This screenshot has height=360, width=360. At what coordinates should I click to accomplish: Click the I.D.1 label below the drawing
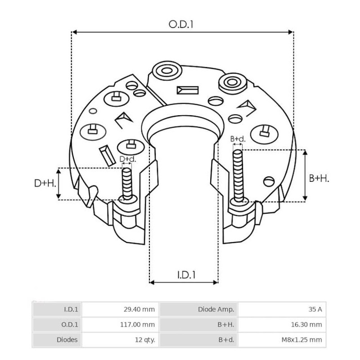point(184,274)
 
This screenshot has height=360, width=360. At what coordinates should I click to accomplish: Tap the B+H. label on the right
point(319,178)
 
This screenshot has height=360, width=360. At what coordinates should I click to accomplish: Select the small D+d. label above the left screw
point(127,159)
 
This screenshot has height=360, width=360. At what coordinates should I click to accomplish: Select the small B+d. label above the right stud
point(238,139)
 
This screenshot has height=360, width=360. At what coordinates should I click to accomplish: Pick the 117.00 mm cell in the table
point(139,324)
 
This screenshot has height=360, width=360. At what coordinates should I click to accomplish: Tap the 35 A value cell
point(315,309)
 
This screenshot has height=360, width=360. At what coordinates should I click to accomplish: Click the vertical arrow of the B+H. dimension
point(305,175)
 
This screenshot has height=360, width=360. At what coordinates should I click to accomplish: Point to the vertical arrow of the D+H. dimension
point(58,184)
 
